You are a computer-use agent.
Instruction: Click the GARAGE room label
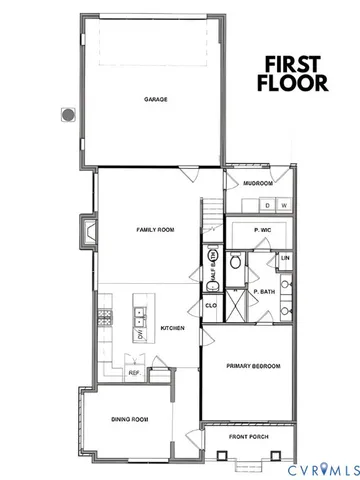pos(155,100)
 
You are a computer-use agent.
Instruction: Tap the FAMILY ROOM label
pos(155,230)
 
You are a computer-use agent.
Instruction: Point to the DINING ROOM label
pos(129,419)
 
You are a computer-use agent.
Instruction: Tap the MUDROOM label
pos(258,182)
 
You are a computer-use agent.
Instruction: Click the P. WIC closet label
pos(263,231)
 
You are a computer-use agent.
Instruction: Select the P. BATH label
pos(264,292)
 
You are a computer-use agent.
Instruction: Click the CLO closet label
pos(211,305)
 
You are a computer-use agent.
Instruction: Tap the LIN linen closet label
pos(286,259)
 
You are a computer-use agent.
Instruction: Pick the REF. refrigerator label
pos(133,373)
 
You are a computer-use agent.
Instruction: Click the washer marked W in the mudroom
pos(285,206)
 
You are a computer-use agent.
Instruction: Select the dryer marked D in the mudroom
pos(268,206)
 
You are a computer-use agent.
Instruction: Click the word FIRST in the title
pos(292,63)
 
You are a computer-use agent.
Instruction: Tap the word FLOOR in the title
pos(292,83)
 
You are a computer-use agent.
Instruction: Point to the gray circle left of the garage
pos(68,115)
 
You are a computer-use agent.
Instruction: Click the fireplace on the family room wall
pos(89,233)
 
